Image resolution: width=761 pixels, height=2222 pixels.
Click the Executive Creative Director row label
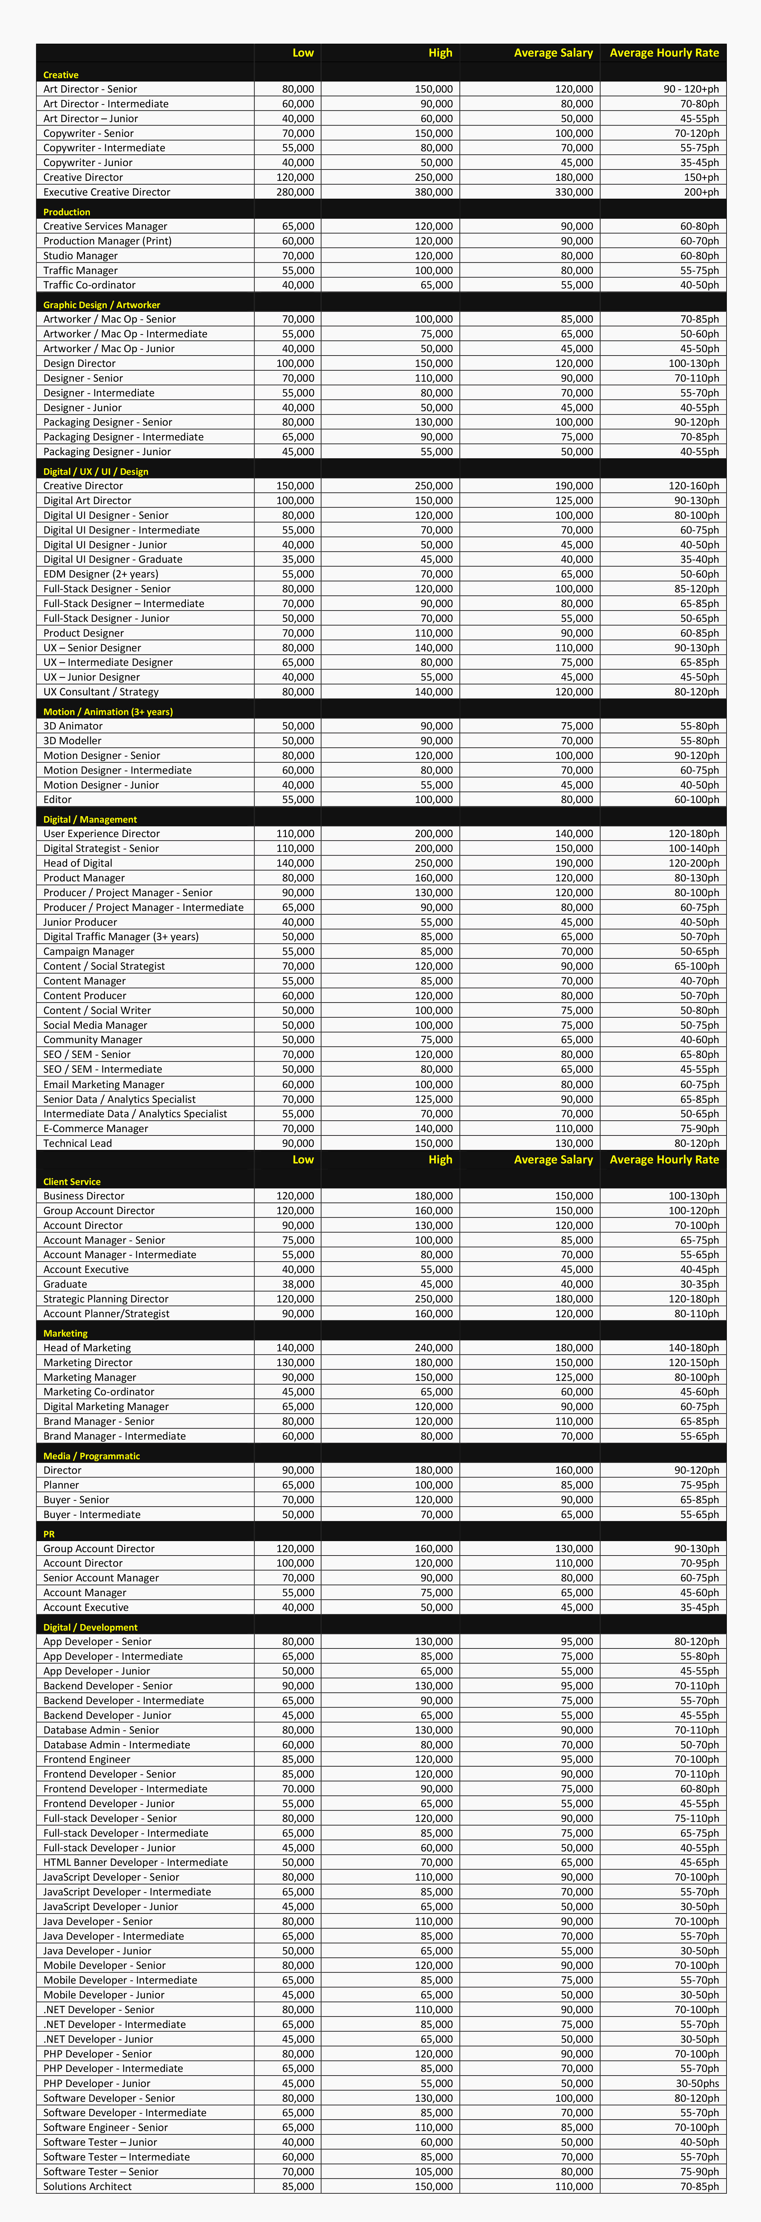pos(107,192)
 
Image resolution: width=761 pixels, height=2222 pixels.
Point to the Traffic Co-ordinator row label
pos(90,285)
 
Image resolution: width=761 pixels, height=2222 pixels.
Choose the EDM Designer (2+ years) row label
pos(101,574)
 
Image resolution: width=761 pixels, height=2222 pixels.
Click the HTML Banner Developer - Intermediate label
pos(135,1862)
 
